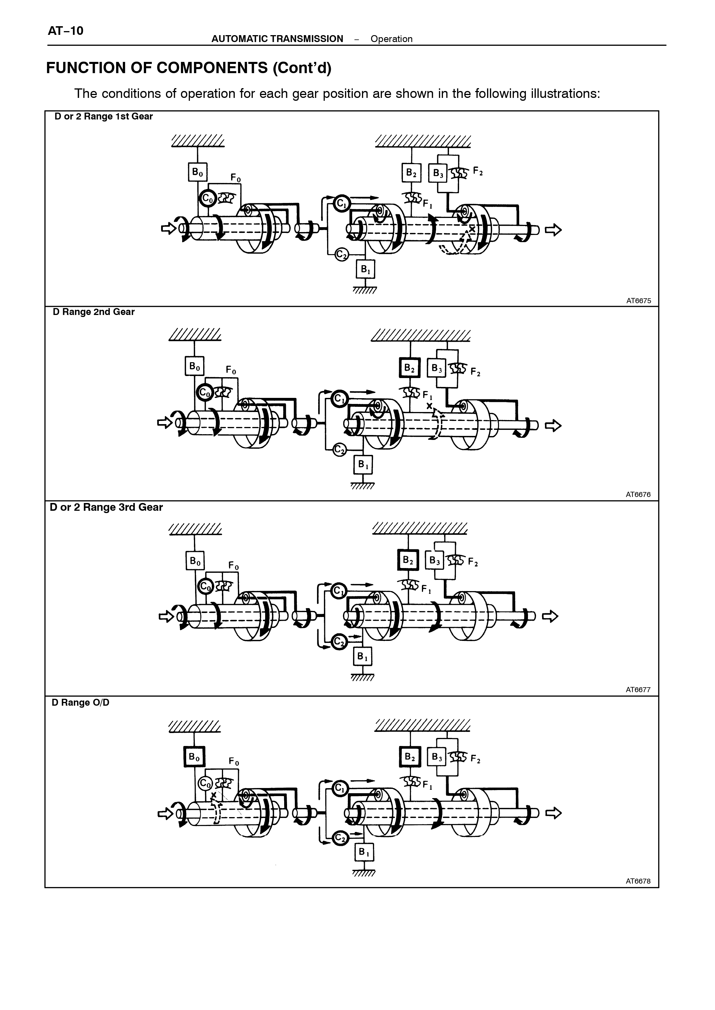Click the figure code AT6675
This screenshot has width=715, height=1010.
pyautogui.click(x=638, y=301)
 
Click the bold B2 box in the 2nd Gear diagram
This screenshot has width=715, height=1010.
pyautogui.click(x=410, y=368)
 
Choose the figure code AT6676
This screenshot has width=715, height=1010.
pyautogui.click(x=638, y=494)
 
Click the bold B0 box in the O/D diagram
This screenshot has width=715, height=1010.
pyautogui.click(x=194, y=757)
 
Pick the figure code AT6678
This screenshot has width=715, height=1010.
pyautogui.click(x=638, y=881)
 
